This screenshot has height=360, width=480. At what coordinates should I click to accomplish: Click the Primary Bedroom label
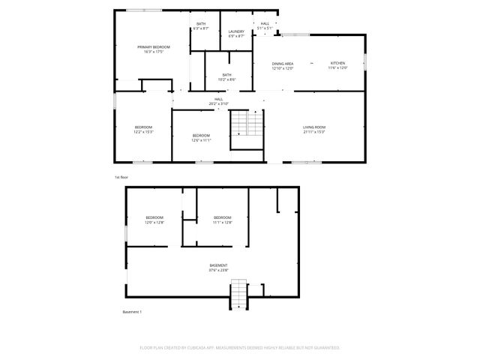[153, 47]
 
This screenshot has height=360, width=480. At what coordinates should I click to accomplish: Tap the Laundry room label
[235, 31]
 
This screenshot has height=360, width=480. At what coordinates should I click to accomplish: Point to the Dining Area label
[283, 64]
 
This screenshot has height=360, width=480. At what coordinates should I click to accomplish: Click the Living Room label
[313, 127]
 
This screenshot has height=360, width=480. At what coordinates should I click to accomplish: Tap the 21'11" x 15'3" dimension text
[313, 132]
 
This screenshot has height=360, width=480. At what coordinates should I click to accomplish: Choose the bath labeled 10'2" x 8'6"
[226, 75]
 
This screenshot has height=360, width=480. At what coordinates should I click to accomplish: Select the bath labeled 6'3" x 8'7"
[201, 25]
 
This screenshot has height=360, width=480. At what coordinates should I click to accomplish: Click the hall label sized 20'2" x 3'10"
[219, 100]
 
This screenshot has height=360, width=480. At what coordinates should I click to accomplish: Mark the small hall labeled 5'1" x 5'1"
[265, 25]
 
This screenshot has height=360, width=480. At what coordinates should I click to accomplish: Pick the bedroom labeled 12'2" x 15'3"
[144, 129]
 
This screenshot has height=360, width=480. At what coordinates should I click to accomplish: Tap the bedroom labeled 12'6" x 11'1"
[201, 137]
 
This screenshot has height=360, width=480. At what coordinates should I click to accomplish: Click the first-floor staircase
[247, 123]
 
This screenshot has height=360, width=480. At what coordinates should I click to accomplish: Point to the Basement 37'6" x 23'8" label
[218, 267]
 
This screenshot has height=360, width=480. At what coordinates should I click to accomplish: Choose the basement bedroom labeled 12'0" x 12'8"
[155, 219]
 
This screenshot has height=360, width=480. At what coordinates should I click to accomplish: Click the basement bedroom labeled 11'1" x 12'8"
[223, 219]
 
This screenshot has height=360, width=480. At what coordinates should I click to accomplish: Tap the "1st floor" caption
[121, 177]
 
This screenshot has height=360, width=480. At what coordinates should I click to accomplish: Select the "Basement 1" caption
[131, 311]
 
